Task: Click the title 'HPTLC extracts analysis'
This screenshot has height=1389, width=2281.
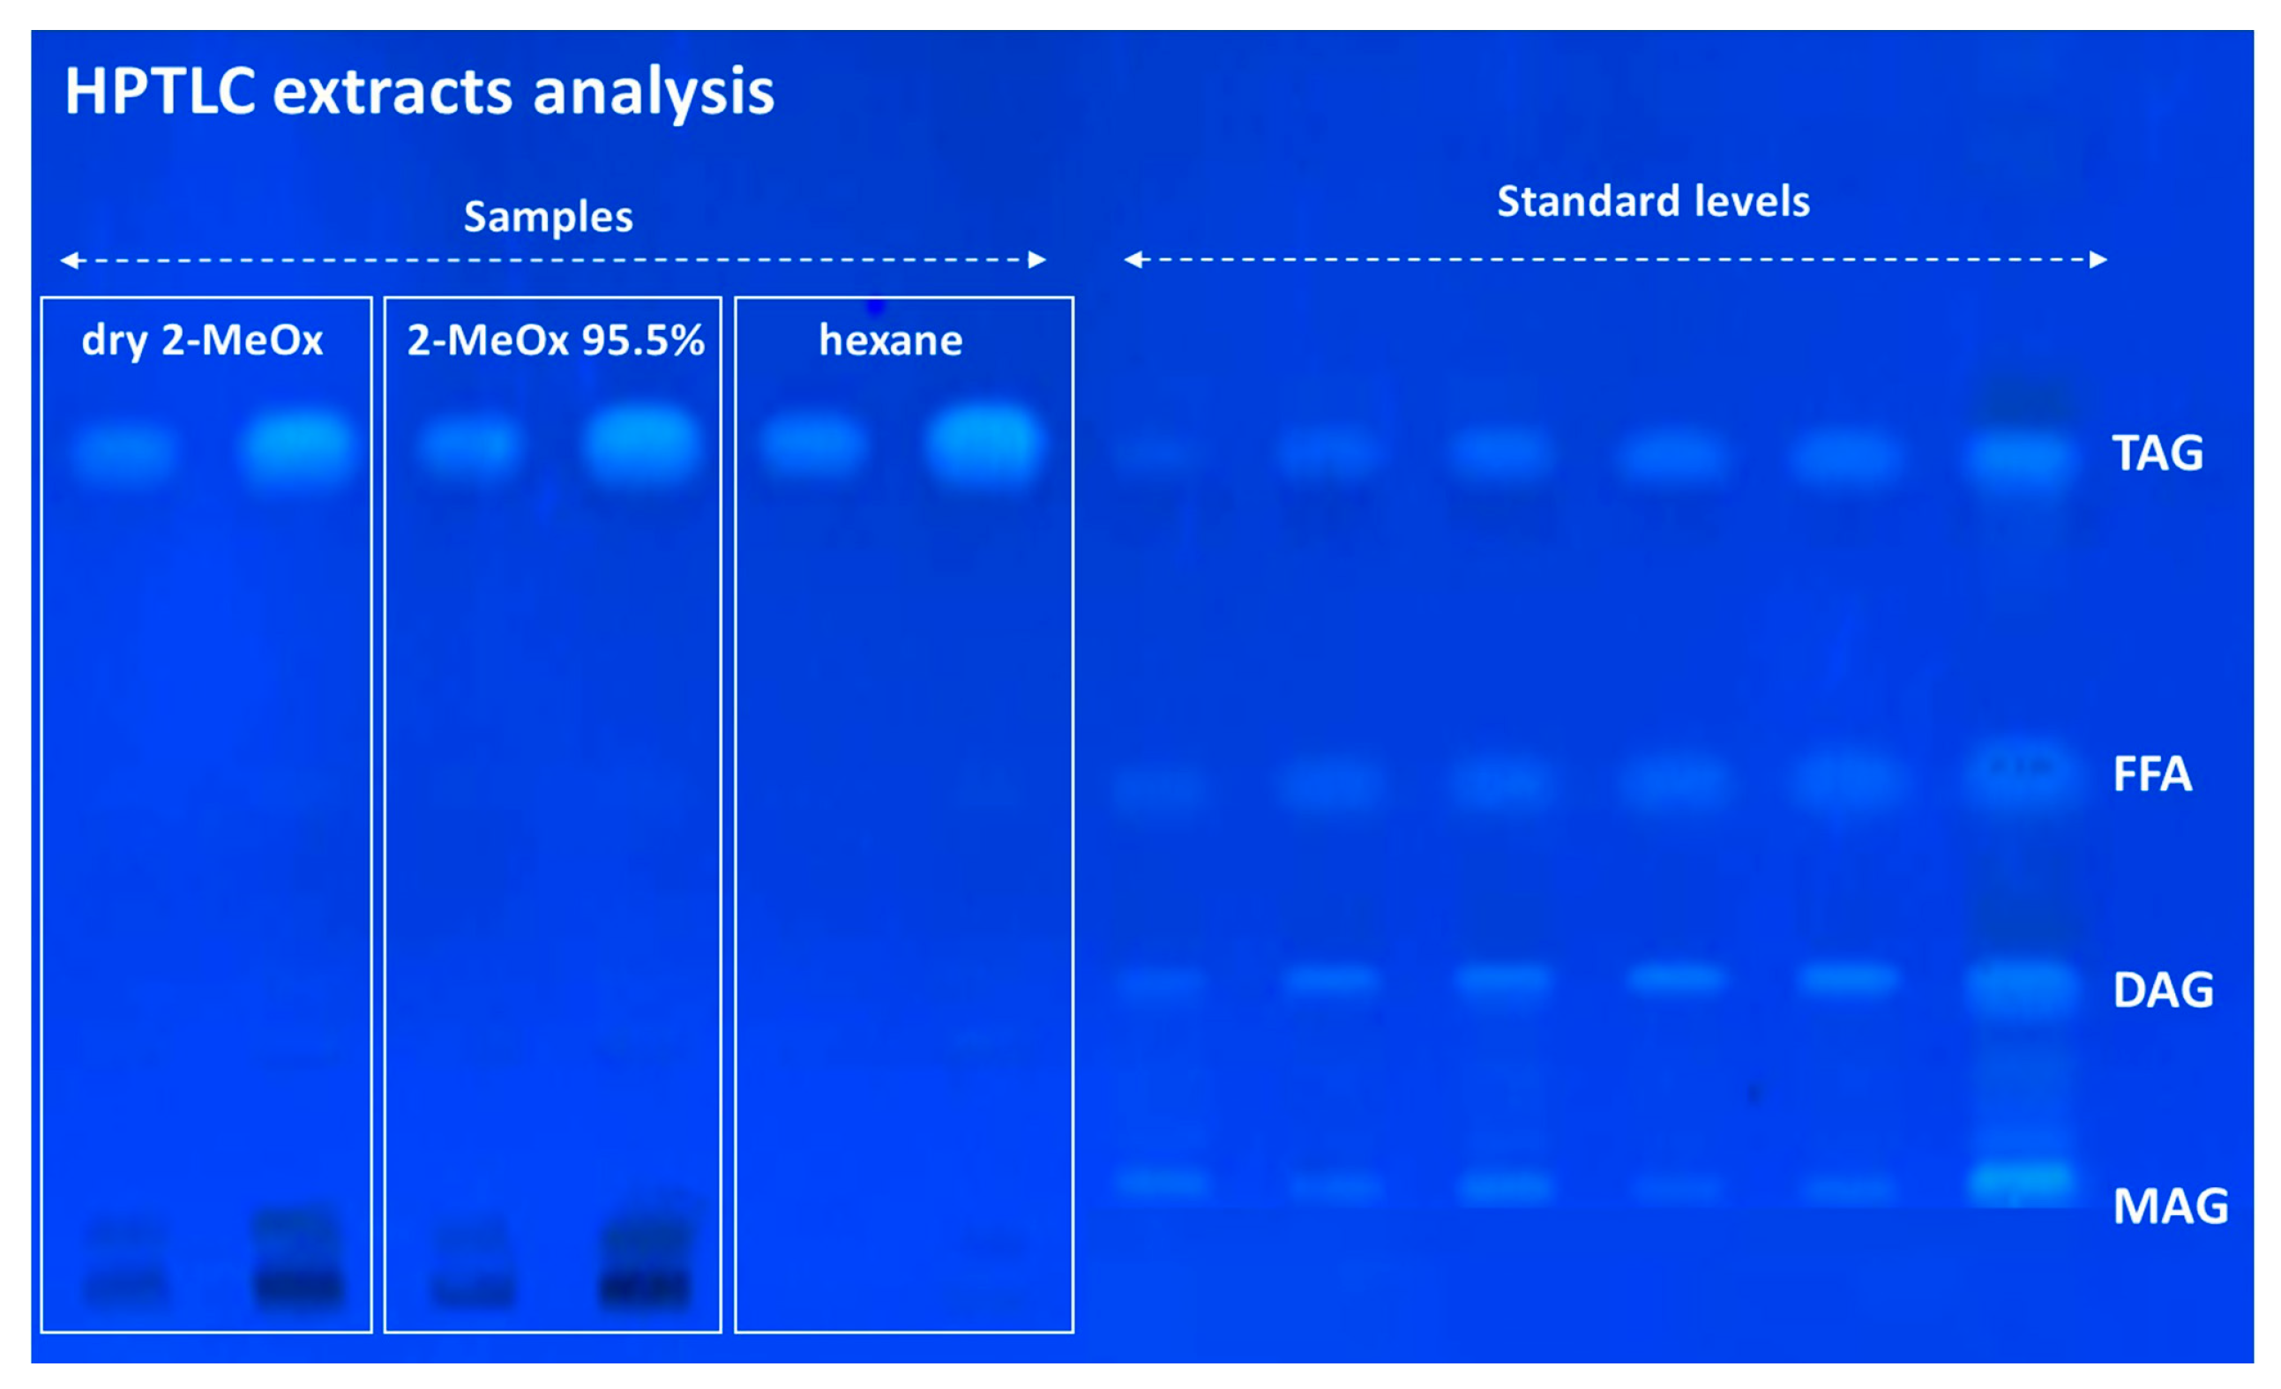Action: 419,93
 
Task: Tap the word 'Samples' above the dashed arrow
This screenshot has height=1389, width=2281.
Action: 548,218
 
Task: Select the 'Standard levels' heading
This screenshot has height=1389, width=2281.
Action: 1653,201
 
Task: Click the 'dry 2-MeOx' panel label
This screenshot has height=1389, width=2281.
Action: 202,340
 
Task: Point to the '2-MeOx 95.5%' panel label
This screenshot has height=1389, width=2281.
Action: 556,340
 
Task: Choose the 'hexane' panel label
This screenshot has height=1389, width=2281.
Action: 891,340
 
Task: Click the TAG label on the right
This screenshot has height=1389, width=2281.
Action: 2157,452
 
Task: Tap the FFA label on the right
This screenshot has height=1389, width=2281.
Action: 2152,773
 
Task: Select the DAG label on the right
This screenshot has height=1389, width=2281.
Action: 2164,990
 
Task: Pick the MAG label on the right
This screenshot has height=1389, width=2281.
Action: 2170,1206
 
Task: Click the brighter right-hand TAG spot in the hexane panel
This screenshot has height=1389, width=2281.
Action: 983,444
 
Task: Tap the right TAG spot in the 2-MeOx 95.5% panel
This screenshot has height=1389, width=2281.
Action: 642,445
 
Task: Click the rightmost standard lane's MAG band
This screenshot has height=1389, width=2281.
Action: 2022,1184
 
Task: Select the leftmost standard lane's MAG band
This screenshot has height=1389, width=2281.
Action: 1162,1183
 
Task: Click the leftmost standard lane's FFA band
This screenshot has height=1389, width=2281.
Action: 1160,788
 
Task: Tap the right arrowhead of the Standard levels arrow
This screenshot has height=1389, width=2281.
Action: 2099,260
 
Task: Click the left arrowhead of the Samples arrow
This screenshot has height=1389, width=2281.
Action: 70,260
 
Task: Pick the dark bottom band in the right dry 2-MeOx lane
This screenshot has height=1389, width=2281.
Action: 299,1287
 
